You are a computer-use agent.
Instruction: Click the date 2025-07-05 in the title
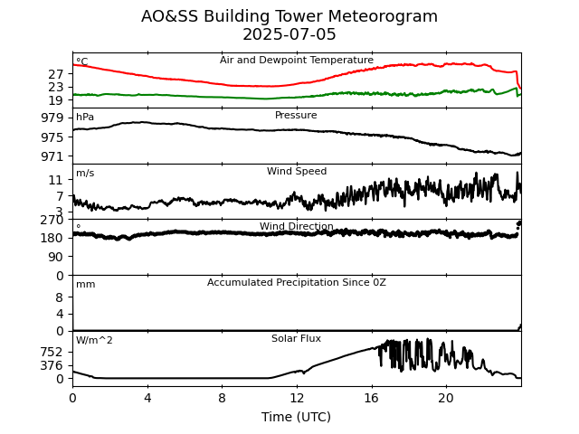[289, 35]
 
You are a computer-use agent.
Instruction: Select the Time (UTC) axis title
[297, 417]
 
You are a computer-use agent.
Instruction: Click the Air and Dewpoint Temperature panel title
[297, 61]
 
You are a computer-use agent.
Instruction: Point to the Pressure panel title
[296, 116]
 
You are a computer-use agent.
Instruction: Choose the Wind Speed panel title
[297, 172]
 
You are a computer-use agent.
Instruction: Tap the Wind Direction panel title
[297, 227]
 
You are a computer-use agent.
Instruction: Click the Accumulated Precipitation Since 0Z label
[297, 283]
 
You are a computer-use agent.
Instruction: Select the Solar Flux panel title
[297, 339]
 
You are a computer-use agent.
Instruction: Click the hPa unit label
[85, 118]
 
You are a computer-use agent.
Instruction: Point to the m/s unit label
[85, 174]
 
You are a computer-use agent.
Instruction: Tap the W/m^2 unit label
[94, 341]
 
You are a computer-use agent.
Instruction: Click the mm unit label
[85, 285]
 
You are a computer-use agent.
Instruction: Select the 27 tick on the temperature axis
[57, 74]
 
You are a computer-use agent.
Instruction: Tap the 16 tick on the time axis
[371, 399]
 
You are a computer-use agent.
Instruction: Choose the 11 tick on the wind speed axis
[57, 181]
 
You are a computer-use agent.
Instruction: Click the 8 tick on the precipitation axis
[60, 297]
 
